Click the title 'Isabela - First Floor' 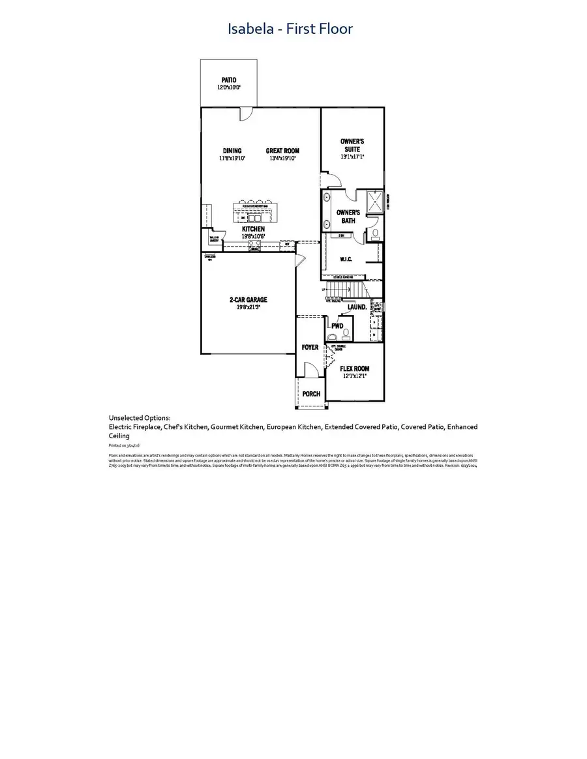290,29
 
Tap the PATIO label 228,80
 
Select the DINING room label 232,151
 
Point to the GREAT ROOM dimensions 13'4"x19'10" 282,158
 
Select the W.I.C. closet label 346,259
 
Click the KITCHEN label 253,230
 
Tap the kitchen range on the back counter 255,246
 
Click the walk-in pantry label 213,238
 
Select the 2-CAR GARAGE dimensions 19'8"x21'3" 248,307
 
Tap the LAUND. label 357,306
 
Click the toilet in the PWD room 333,336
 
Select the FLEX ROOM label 355,368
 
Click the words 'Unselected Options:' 140,418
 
